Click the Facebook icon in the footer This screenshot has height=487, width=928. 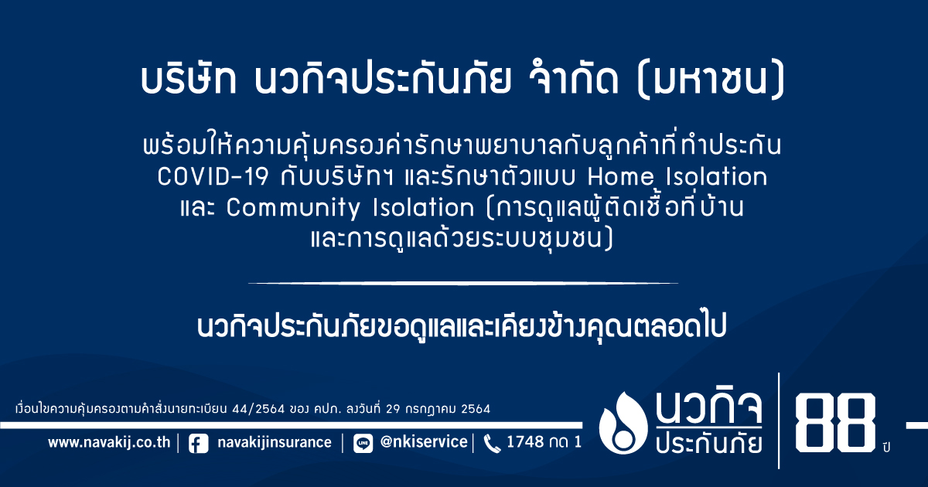(x=199, y=444)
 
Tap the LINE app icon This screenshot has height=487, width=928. (x=363, y=444)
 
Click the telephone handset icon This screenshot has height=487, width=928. (x=492, y=444)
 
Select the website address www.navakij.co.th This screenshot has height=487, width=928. (x=109, y=442)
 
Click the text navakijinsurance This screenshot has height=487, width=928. (x=275, y=442)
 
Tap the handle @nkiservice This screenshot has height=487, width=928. (x=424, y=442)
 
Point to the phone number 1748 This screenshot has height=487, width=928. (x=525, y=442)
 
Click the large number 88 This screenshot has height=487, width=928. (x=835, y=422)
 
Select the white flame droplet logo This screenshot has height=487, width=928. (x=623, y=423)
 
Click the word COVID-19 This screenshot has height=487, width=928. (x=213, y=177)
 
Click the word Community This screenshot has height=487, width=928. (x=293, y=208)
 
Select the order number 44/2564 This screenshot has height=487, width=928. (x=258, y=409)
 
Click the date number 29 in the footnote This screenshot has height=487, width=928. (x=394, y=409)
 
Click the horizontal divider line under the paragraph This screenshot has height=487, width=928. (x=463, y=283)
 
